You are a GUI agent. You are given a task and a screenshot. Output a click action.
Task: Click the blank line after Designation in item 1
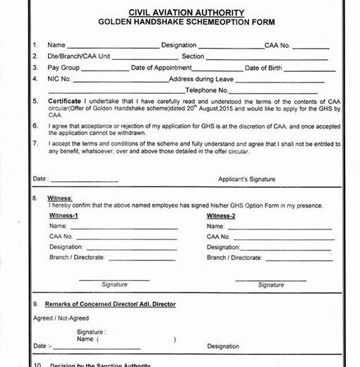(x=230, y=47)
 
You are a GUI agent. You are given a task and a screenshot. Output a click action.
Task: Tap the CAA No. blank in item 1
(x=306, y=47)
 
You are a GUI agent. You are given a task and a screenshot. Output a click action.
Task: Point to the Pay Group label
(x=64, y=68)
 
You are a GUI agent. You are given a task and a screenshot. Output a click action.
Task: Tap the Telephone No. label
(x=206, y=90)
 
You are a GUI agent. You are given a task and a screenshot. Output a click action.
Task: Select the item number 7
(x=35, y=143)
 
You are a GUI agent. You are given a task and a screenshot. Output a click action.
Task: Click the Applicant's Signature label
(x=246, y=179)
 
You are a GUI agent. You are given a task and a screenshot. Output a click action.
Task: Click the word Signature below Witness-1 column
(x=114, y=284)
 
